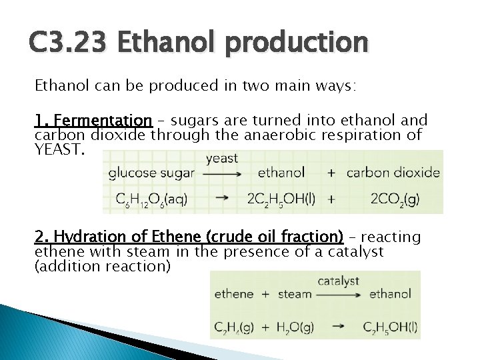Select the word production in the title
coord(296,44)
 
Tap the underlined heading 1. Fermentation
coord(93,121)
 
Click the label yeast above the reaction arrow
coord(222,159)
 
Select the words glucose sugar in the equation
coord(151,173)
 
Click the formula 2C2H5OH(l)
coord(281,199)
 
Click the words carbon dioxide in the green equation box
coord(393,173)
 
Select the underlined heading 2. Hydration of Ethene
coord(189,237)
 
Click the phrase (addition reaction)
coord(102,266)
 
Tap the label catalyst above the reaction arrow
coord(338,281)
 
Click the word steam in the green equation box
coord(295,294)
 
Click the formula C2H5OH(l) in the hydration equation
coord(391,327)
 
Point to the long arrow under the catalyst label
coord(339,294)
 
